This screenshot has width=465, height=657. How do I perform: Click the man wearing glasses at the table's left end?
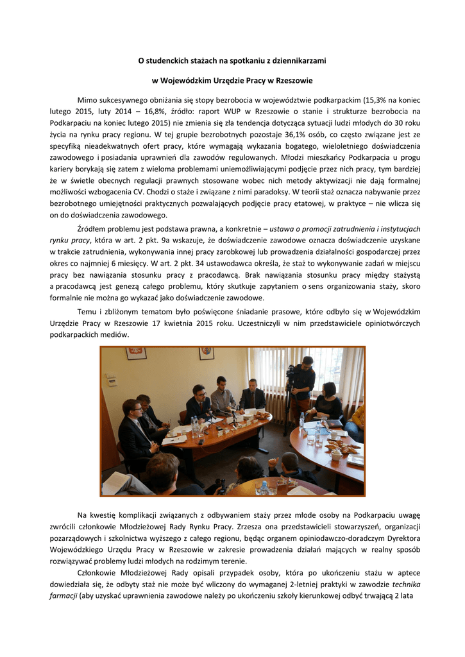[x=137, y=430]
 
